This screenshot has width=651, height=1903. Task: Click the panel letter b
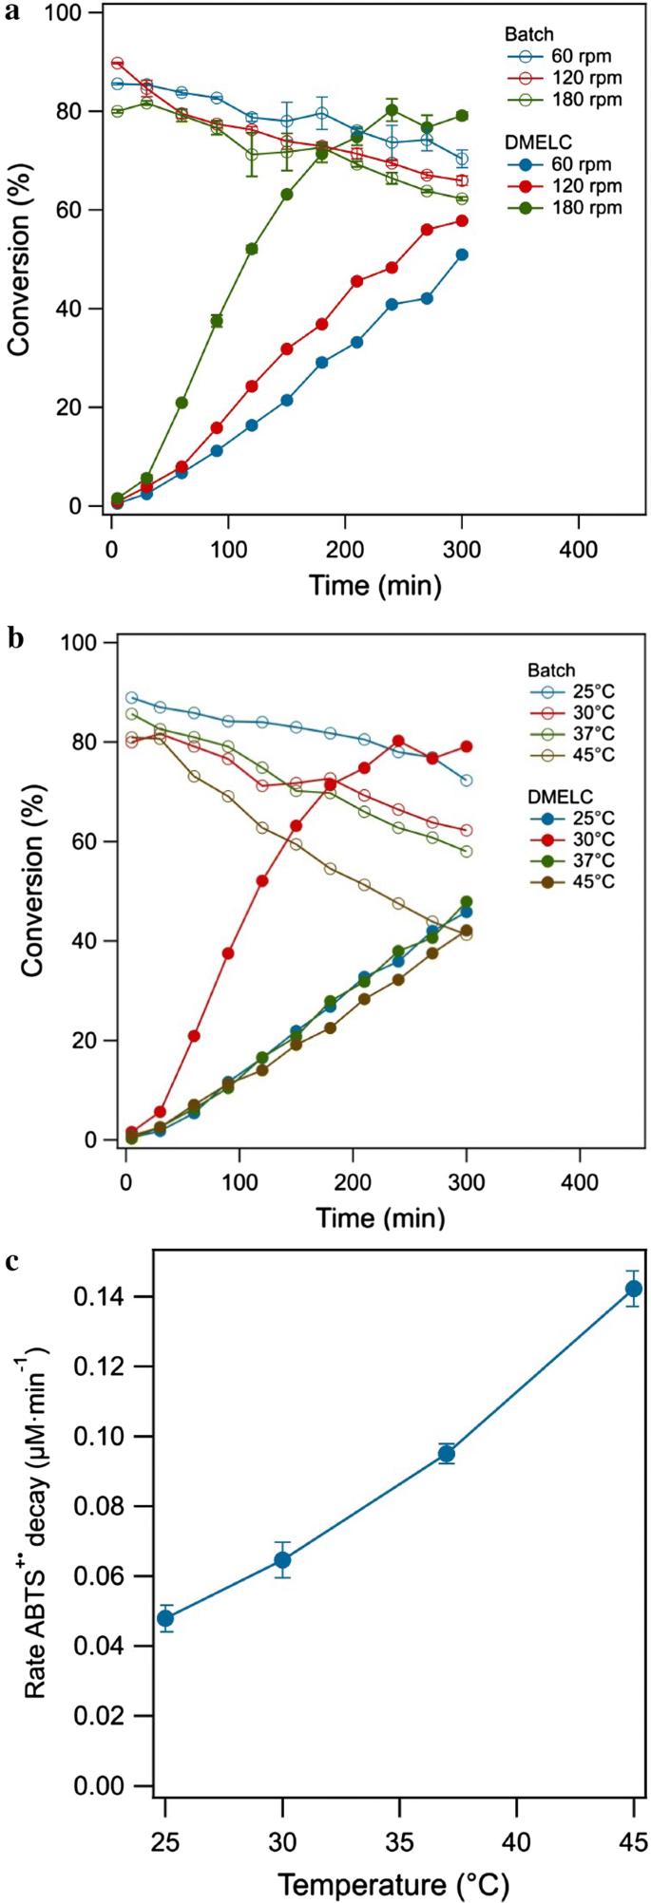(14, 639)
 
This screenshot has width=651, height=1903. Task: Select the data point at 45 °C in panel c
(633, 1289)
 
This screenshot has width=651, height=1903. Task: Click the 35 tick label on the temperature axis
(399, 1830)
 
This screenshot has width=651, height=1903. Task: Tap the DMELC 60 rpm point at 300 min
(463, 254)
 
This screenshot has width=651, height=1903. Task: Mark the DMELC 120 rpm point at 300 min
(463, 221)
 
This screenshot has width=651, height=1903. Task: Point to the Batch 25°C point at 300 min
(467, 781)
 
